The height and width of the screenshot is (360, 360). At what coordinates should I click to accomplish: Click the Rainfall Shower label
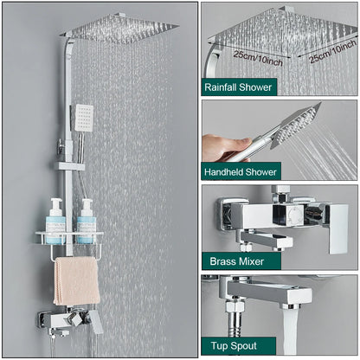click(237, 87)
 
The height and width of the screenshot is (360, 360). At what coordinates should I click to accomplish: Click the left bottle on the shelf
click(55, 222)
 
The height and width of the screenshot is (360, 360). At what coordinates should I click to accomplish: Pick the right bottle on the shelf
click(86, 222)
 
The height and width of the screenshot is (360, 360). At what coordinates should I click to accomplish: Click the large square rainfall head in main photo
click(121, 31)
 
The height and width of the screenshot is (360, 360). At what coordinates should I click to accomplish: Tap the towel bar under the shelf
click(76, 257)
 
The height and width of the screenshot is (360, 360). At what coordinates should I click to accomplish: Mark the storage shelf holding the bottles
click(69, 236)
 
